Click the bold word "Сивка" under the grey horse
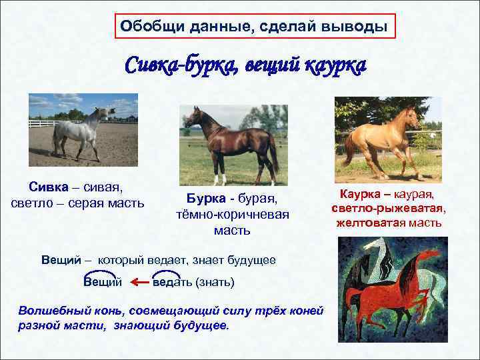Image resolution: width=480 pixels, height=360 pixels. pyautogui.click(x=47, y=188)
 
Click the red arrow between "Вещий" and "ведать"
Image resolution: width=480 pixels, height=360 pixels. pyautogui.click(x=139, y=282)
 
